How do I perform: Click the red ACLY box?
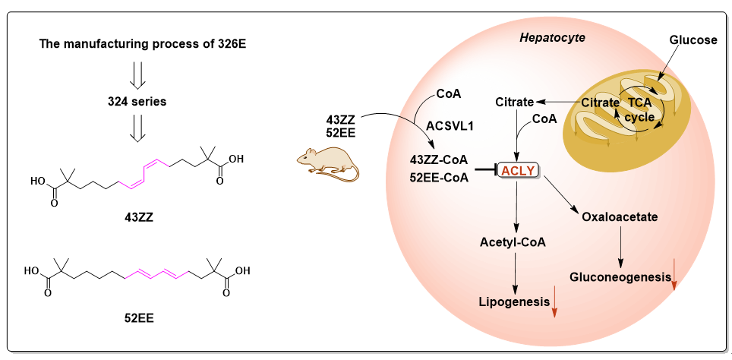pos(519,173)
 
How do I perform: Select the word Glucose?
pos(693,40)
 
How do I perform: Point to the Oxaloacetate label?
pos(619,217)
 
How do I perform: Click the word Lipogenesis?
pos(514,302)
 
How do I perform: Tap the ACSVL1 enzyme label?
pos(450,125)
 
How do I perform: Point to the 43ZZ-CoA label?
pos(439,161)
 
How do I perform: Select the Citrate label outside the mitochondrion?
pos(514,102)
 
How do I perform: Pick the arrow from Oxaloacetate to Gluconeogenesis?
pos(622,247)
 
